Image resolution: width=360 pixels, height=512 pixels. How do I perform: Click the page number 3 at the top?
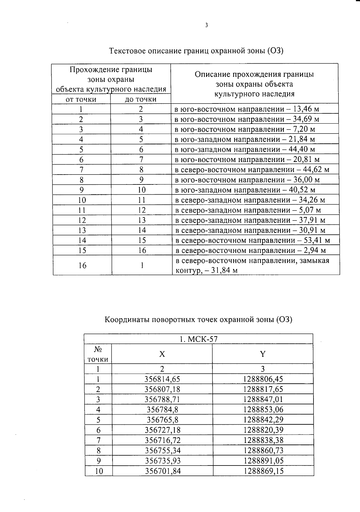206,25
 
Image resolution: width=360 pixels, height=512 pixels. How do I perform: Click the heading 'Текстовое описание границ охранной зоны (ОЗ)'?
196,50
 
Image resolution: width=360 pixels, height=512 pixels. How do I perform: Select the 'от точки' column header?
81,99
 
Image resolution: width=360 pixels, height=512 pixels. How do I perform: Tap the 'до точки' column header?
140,99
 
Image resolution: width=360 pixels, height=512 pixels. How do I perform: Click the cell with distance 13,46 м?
247,109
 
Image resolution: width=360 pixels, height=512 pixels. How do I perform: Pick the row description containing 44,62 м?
252,170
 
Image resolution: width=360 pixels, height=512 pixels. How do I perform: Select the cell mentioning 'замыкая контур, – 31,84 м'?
252,265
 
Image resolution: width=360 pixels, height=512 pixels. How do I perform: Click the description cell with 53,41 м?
252,240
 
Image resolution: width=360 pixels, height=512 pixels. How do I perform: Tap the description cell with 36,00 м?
247,180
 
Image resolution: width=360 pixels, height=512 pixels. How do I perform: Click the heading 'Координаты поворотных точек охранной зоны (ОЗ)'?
198,319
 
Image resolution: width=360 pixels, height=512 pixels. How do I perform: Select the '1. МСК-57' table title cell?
198,339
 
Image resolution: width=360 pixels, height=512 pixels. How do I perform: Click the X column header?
162,354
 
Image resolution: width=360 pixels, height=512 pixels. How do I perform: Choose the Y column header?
263,354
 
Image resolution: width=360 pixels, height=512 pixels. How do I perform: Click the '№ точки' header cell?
98,354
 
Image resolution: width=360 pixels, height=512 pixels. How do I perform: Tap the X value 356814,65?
162,379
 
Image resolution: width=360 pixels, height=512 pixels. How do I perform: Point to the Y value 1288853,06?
263,409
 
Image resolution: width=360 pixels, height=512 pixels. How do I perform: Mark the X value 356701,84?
163,471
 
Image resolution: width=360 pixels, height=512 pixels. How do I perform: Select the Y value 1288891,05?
263,461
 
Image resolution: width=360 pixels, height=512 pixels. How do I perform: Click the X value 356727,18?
163,430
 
